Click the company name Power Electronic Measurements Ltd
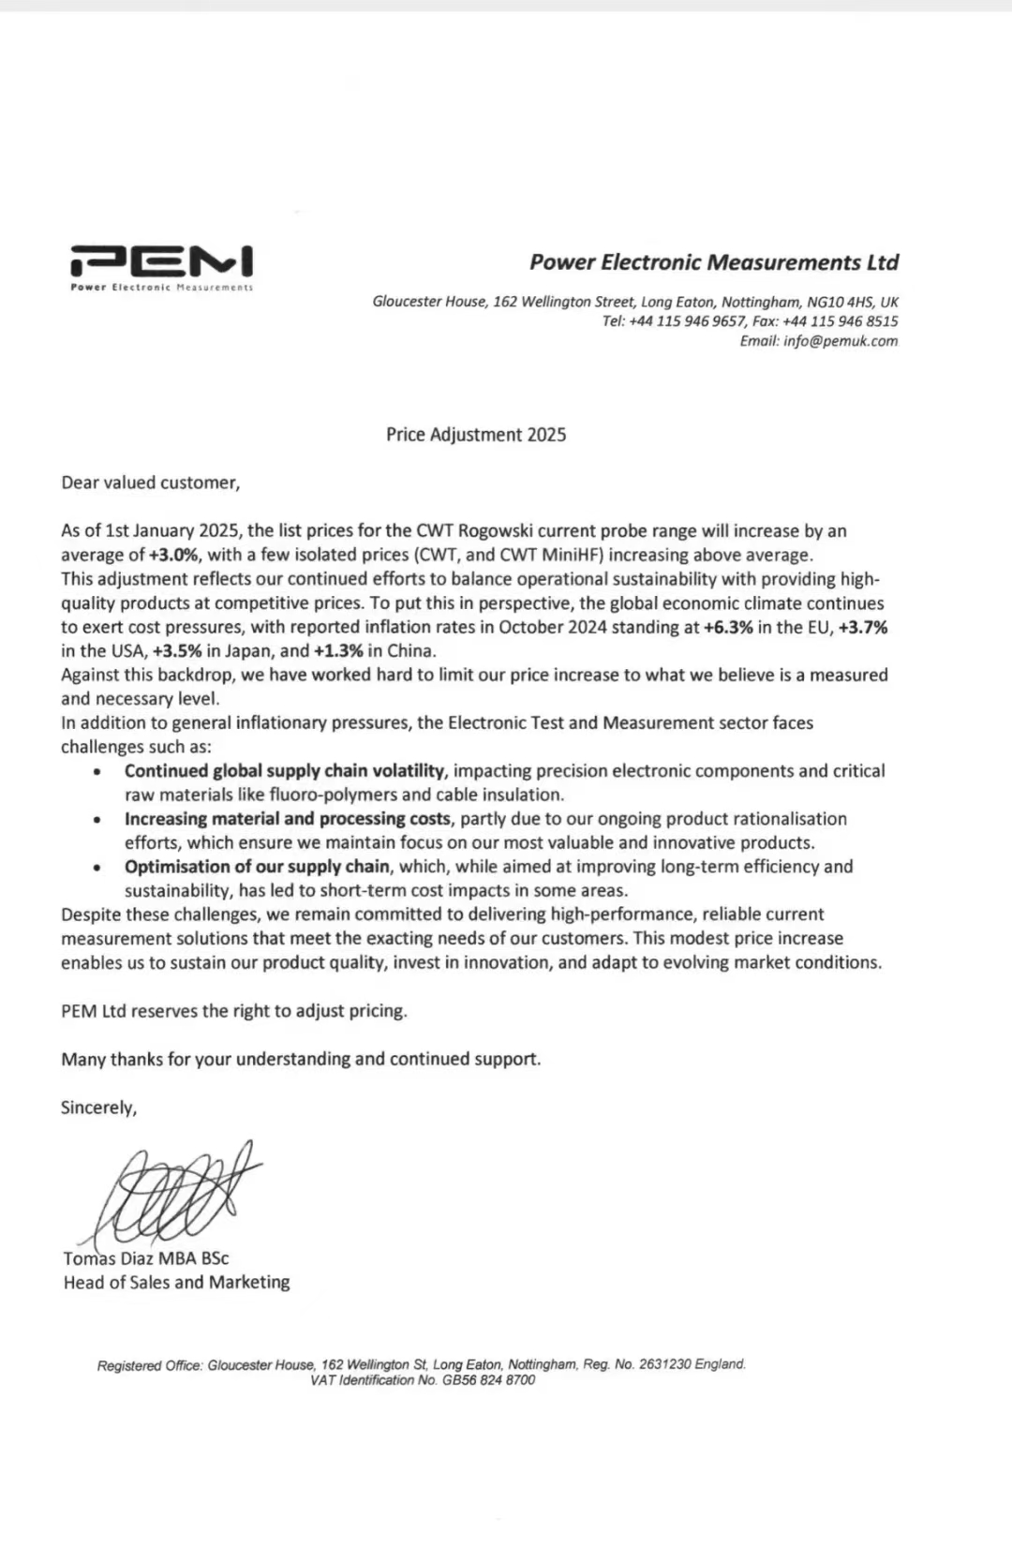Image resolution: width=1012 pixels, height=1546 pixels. (x=714, y=262)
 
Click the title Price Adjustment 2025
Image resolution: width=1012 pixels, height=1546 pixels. (x=476, y=435)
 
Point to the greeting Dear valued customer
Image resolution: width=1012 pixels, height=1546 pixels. (x=150, y=483)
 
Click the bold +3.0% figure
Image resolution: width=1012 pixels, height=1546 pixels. (x=175, y=556)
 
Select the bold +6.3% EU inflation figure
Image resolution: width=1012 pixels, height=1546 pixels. (x=728, y=628)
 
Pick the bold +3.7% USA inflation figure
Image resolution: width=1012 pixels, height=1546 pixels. (x=862, y=628)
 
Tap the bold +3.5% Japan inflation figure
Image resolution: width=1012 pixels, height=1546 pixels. (x=177, y=651)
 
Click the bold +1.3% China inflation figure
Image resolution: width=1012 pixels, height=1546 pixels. (x=338, y=651)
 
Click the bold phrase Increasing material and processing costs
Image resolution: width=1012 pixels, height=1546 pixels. (x=288, y=819)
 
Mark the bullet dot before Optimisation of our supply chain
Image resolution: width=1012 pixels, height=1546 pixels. (x=97, y=868)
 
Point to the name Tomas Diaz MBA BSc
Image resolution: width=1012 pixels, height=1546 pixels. (x=146, y=1258)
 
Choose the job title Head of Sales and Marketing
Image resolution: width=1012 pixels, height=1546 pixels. (x=176, y=1283)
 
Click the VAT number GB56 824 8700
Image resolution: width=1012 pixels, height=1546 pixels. (x=488, y=1380)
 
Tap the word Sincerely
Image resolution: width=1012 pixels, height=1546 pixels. (x=98, y=1107)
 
